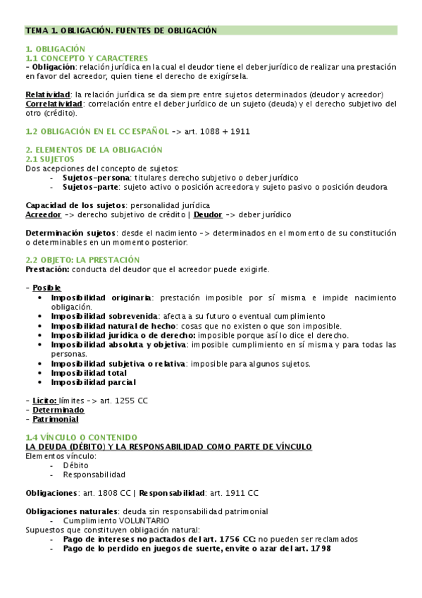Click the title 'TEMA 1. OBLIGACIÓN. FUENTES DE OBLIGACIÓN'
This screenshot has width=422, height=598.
pyautogui.click(x=120, y=30)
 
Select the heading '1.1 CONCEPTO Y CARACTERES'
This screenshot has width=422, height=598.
pyautogui.click(x=87, y=58)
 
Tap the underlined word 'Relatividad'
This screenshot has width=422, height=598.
pyautogui.click(x=48, y=94)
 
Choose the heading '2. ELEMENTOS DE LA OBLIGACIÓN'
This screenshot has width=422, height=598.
pyautogui.click(x=94, y=149)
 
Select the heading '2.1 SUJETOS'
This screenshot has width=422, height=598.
pyautogui.click(x=49, y=159)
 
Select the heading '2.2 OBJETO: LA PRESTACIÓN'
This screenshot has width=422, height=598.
pyautogui.click(x=82, y=260)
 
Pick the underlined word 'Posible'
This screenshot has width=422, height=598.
pyautogui.click(x=46, y=288)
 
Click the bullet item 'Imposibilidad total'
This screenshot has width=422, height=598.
pyautogui.click(x=89, y=372)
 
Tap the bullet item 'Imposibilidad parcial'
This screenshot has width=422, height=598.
pyautogui.click(x=93, y=382)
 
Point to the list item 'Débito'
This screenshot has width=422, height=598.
pyautogui.click(x=76, y=465)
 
